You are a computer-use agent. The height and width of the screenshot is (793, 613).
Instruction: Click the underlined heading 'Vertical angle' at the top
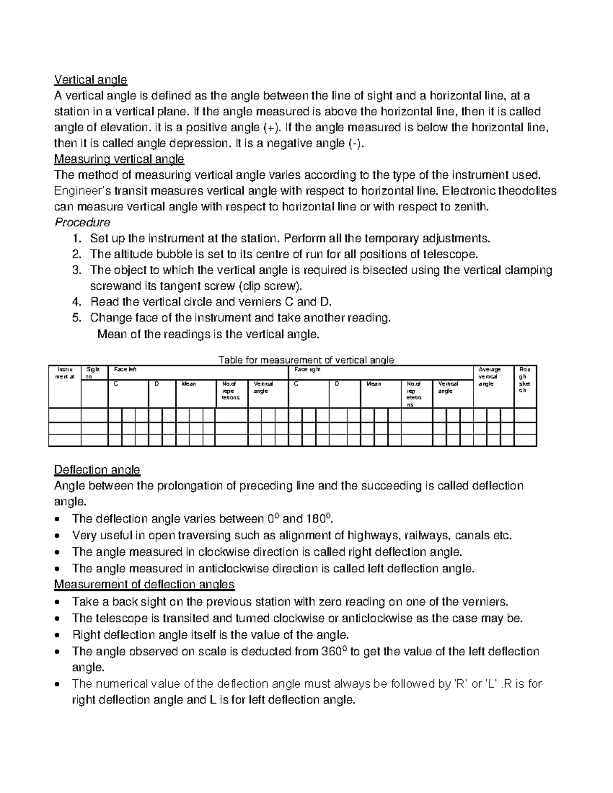pos(90,80)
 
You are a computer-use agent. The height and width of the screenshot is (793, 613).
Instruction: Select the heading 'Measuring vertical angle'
pos(119,159)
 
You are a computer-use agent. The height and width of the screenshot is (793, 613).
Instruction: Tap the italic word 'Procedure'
pos(82,223)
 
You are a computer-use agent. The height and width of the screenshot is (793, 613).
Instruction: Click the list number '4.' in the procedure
pos(77,302)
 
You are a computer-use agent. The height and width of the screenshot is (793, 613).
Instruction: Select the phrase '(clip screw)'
pos(274,286)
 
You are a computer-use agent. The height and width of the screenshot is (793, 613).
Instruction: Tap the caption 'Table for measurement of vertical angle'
pos(306,360)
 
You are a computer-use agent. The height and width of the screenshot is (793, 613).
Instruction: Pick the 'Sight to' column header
pos(93,372)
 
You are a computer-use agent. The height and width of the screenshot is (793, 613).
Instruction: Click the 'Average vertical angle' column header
pos(489,376)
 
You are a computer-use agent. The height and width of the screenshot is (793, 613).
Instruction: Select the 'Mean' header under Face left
pos(189,383)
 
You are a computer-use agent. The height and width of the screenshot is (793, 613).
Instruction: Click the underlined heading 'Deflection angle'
pos(97,469)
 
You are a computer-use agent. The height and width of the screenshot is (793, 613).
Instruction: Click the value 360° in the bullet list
pos(335,652)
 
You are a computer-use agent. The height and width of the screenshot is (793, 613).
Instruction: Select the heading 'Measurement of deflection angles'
pos(144,584)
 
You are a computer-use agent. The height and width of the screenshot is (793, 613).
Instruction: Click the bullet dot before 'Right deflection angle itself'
pos(62,636)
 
